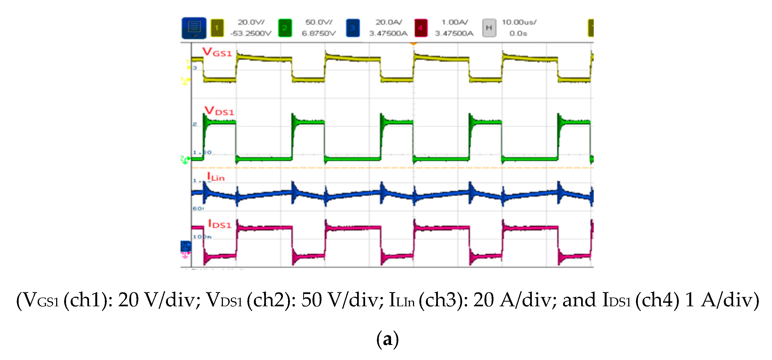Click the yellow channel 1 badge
(x=217, y=28)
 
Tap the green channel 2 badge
(x=285, y=28)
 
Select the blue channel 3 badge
(x=352, y=28)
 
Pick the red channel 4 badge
(x=420, y=28)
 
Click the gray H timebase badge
(x=489, y=28)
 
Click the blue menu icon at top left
(x=194, y=28)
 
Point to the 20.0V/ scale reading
(x=251, y=22)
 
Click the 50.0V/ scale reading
(x=318, y=22)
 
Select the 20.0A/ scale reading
(x=389, y=22)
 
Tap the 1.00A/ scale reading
(x=454, y=22)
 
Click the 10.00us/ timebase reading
(x=519, y=22)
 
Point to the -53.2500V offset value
(x=251, y=33)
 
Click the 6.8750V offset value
(x=318, y=33)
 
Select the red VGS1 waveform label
(x=217, y=52)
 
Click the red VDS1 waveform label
(x=219, y=111)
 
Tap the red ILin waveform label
(x=216, y=177)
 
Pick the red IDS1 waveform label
(x=220, y=224)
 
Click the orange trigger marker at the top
(x=414, y=44)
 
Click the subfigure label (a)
(x=387, y=339)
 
